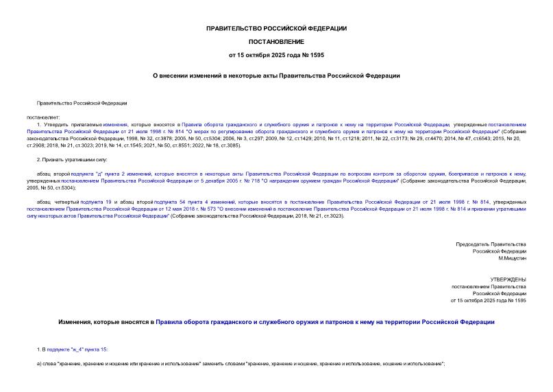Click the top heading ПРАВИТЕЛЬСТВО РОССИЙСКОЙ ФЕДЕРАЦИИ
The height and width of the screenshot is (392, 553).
[x=276, y=28]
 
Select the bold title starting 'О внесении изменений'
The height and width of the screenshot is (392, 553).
[x=276, y=76]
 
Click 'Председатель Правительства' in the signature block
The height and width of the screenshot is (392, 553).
[x=491, y=244]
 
